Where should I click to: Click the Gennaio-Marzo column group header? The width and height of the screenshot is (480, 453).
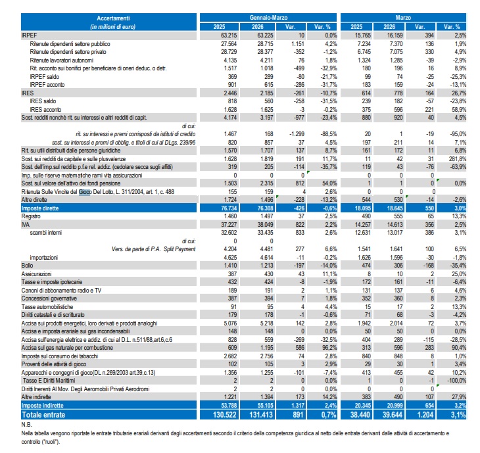click(268, 18)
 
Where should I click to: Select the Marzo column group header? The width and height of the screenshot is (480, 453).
click(403, 18)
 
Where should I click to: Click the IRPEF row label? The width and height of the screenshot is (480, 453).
click(29, 36)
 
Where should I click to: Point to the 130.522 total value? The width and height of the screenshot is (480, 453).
click(224, 415)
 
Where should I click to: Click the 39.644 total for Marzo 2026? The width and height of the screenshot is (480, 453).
click(392, 415)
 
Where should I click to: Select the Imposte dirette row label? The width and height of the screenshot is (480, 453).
click(40, 208)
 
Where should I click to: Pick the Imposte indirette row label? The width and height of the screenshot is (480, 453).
click(42, 405)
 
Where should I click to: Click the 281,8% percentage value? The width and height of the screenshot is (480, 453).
click(458, 159)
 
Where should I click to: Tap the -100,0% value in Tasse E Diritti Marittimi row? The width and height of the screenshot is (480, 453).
click(457, 381)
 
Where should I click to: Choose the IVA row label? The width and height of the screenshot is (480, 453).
click(26, 225)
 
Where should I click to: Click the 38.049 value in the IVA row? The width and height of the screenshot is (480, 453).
click(265, 225)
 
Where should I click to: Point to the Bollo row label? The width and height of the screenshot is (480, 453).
click(27, 266)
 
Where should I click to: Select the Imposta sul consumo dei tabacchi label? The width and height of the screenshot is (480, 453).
click(60, 356)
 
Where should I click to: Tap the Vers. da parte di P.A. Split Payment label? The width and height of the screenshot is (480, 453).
click(154, 249)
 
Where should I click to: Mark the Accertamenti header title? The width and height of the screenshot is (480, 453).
click(113, 18)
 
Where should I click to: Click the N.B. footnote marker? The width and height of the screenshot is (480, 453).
click(26, 425)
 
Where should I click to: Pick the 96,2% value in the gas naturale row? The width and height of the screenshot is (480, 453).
click(329, 348)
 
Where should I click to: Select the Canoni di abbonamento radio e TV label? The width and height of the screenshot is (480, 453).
click(61, 290)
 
